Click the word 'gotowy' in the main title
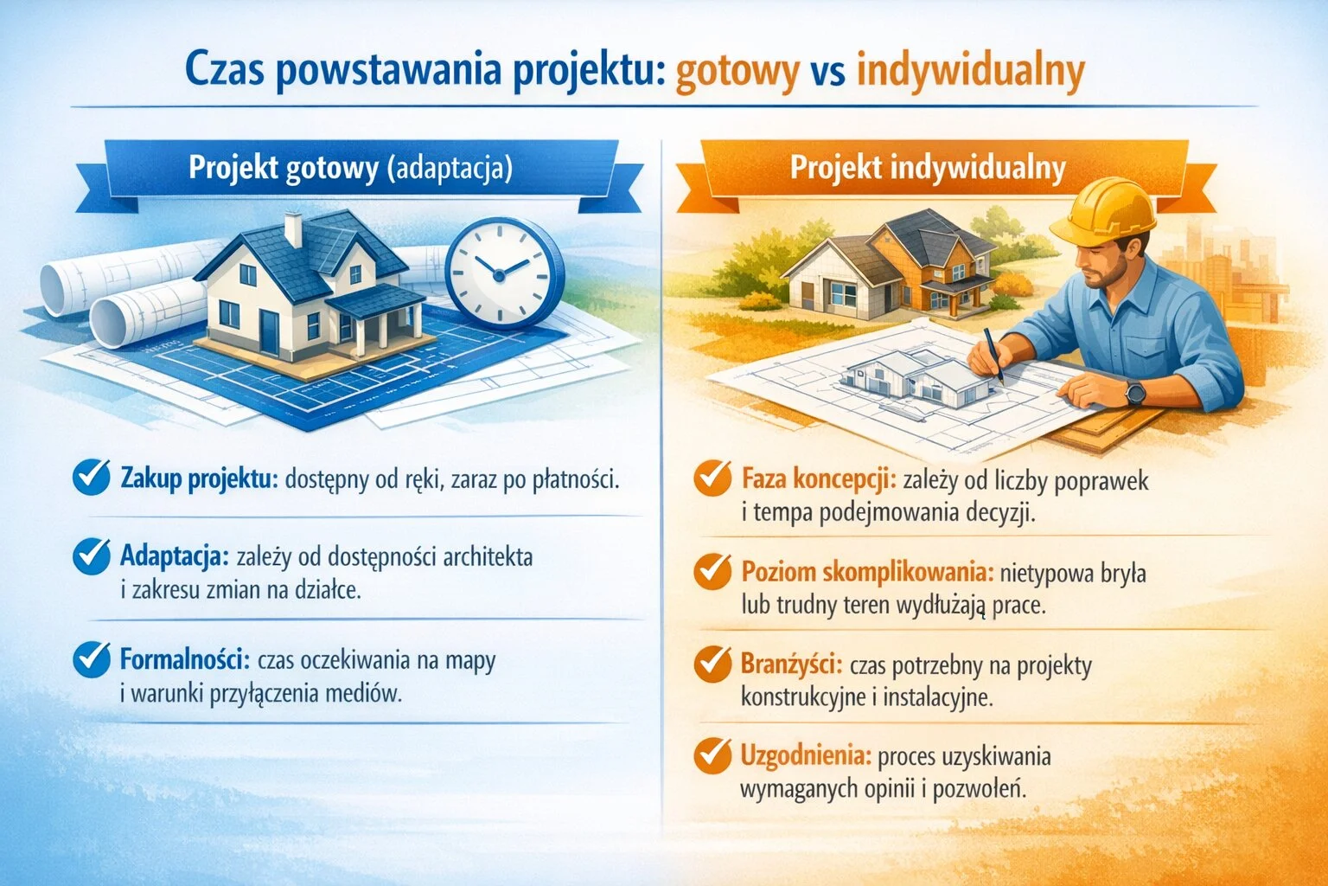coord(737,72)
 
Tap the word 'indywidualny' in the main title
coord(970,72)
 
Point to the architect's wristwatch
coord(1134,395)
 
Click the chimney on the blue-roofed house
coord(293,229)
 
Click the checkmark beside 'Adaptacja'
coord(91,556)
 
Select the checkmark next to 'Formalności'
coord(91,659)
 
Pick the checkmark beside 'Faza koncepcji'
coord(712,478)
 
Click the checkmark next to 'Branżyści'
coord(712,664)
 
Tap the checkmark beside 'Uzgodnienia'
coord(712,755)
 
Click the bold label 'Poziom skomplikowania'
coord(867,572)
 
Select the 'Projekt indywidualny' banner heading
coord(928,167)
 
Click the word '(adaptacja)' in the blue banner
coord(449,167)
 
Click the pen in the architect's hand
coord(992,354)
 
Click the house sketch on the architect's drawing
coord(916,381)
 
